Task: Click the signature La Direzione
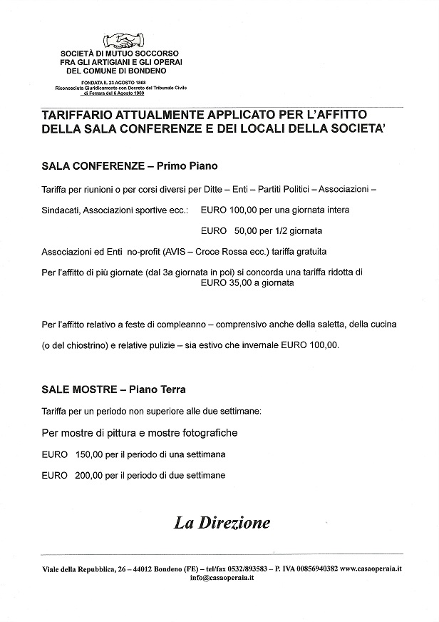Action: click(x=222, y=523)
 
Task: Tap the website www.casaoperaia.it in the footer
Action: click(x=371, y=568)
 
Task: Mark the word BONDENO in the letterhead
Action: click(x=148, y=71)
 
